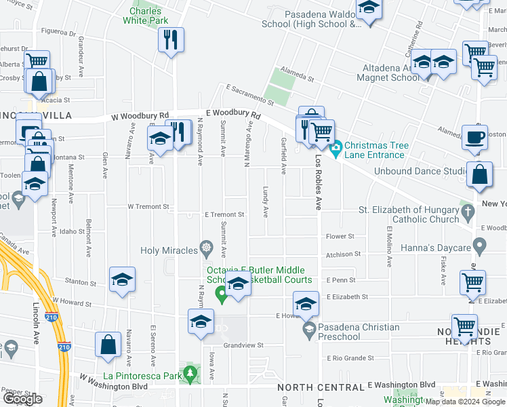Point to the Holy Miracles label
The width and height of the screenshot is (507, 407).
coord(169,251)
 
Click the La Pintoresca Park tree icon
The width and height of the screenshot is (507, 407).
coord(191,373)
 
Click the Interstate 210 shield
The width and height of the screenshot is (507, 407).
coord(51,317)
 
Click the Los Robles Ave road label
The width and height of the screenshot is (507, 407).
coord(318,183)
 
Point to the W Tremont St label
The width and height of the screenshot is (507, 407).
coord(148,206)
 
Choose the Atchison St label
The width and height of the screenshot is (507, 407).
coord(343,254)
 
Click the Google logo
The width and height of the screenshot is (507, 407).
coord(22,400)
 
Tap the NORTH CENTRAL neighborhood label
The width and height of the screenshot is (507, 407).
coord(321,387)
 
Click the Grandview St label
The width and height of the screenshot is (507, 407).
coord(243,345)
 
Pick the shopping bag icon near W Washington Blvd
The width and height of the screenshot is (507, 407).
coord(108,345)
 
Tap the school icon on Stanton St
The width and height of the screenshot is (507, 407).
coord(122,279)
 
